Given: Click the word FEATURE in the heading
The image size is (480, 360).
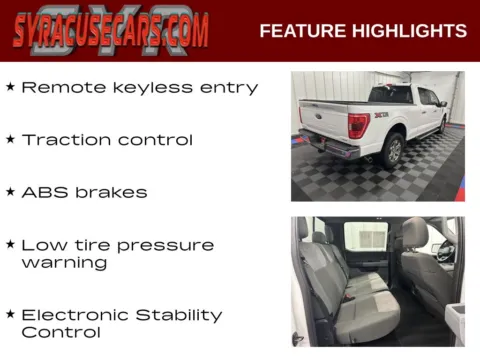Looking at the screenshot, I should coord(301,31).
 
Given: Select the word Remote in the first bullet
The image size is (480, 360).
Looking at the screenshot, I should coord(60,87).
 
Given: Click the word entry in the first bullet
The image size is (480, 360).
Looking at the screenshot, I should coord(229,88).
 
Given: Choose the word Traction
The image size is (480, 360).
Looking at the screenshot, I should coord(65,140).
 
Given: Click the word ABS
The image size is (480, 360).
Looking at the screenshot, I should coord(44,192).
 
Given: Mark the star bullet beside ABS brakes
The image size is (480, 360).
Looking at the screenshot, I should coord(10,191).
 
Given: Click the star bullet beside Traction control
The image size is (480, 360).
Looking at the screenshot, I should coord(10,139).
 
